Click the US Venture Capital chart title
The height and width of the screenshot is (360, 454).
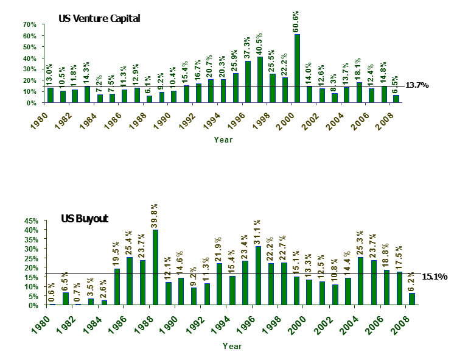[99, 18]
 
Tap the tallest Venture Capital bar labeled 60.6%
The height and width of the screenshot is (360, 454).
[296, 68]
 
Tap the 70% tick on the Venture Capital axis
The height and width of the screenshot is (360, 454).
[30, 24]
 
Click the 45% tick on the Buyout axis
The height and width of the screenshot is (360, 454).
[30, 221]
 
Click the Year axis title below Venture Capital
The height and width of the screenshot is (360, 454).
[223, 139]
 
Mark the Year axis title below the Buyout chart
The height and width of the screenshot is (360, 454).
[231, 346]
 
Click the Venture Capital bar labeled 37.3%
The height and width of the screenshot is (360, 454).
[248, 82]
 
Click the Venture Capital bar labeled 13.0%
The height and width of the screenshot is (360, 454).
[51, 95]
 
